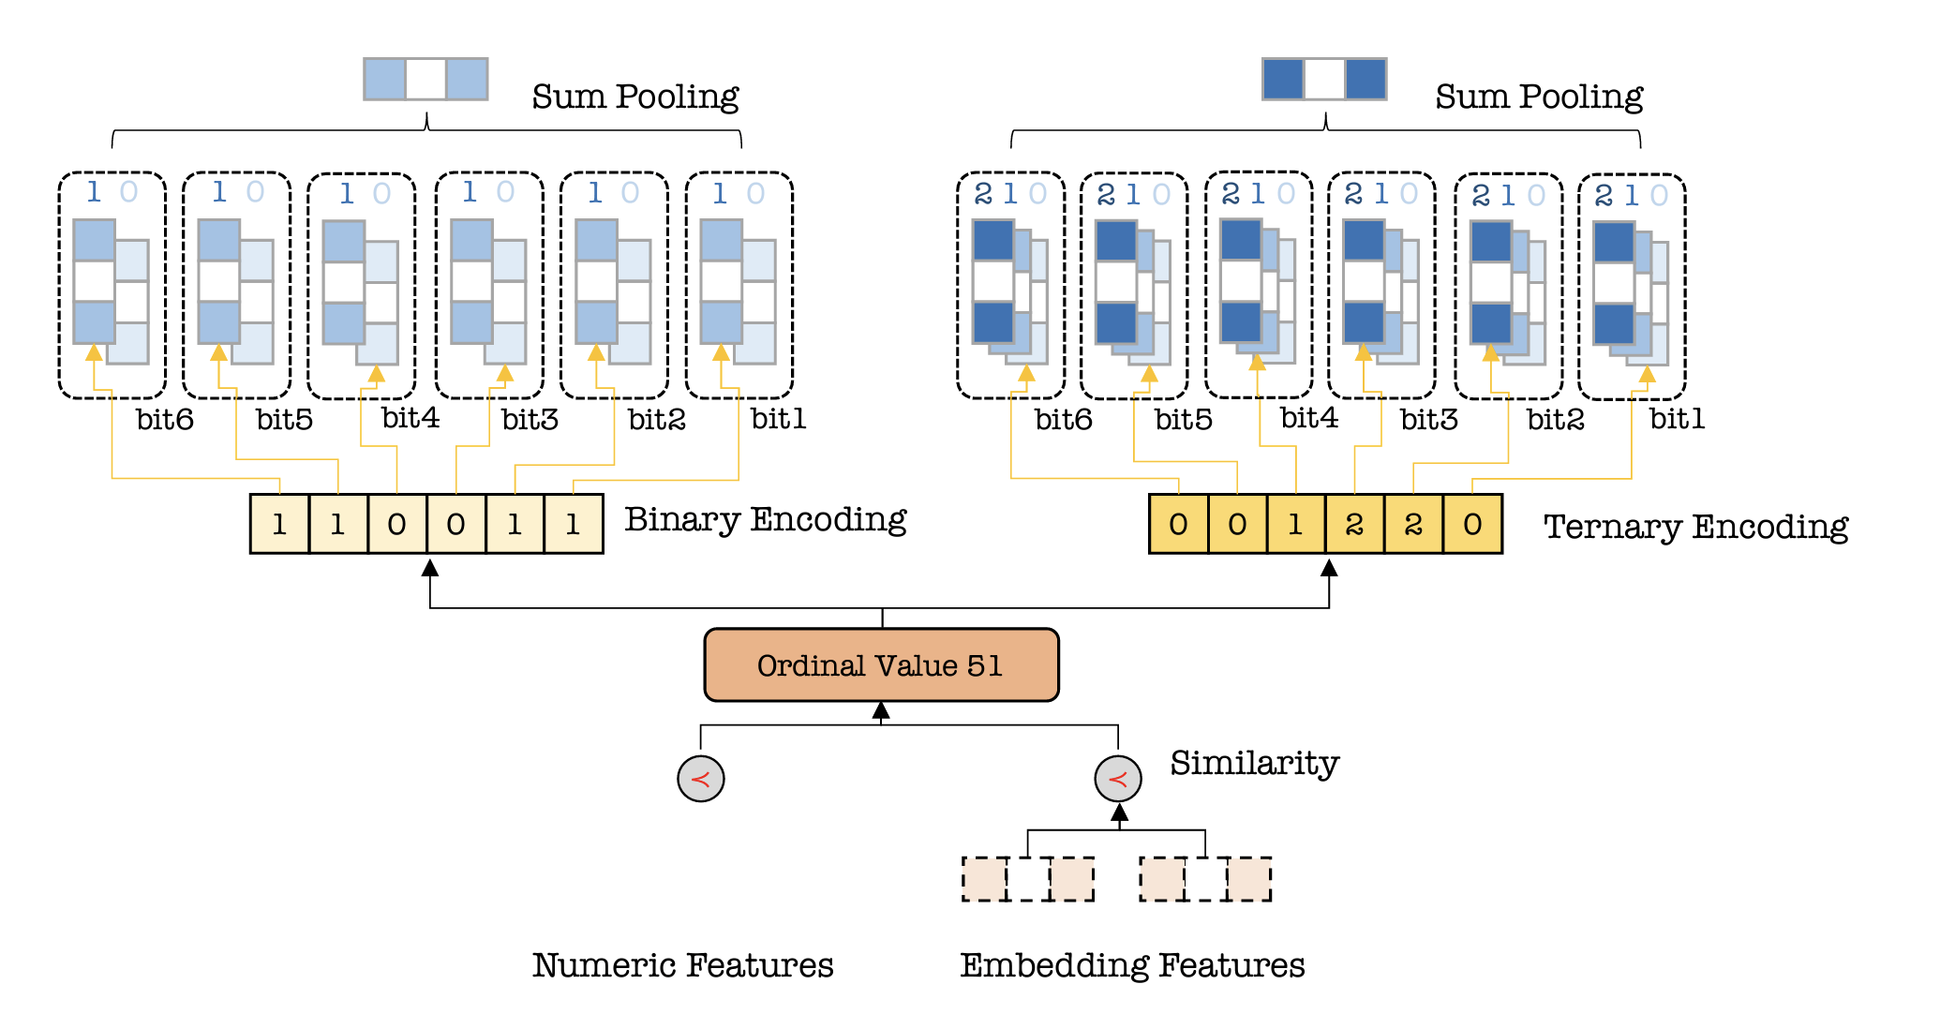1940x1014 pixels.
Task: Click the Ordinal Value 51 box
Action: pos(881,664)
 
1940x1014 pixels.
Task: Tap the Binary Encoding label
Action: pos(766,520)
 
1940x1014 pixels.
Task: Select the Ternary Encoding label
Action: pos(1695,528)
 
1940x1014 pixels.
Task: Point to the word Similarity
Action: pos(1254,764)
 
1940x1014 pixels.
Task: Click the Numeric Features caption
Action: pos(682,964)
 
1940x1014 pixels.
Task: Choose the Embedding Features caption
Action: pos(1132,965)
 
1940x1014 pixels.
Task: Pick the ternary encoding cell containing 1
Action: pos(1296,524)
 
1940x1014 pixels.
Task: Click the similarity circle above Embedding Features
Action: pos(1118,779)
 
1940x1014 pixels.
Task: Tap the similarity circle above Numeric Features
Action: pos(701,779)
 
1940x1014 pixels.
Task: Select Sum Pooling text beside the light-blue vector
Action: pos(635,97)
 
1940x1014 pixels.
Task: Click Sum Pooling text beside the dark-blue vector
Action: pos(1539,97)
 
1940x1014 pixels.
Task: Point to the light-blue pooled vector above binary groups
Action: pos(425,79)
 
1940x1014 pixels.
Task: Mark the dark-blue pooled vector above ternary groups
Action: pos(1324,79)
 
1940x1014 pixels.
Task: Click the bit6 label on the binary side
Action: pos(165,419)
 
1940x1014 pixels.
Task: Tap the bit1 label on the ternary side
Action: pos(1677,419)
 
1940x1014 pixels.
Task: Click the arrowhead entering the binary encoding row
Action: pos(430,567)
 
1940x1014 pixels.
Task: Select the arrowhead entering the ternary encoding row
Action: pos(1329,567)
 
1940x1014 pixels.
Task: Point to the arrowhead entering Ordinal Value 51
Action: pos(881,710)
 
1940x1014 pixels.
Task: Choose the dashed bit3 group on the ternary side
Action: pos(1381,285)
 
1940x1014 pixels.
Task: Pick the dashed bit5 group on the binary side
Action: pos(236,285)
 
